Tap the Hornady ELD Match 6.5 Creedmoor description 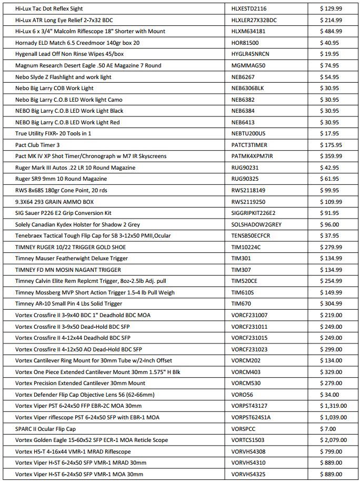(77, 43)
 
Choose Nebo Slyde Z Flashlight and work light (63, 77)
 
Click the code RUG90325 (245, 179)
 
